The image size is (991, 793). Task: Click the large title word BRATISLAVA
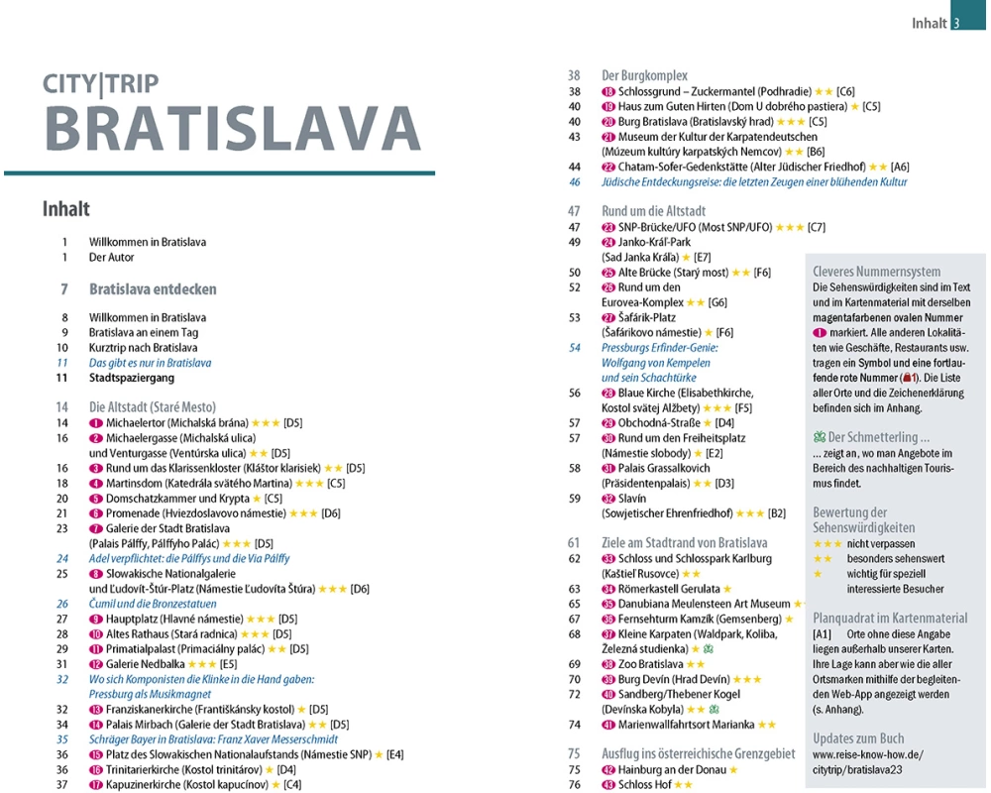[233, 128]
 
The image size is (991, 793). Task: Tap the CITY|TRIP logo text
[100, 84]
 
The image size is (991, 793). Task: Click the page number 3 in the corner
[956, 24]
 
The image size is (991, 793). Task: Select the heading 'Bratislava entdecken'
[153, 289]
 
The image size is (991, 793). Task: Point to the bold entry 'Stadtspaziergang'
[131, 378]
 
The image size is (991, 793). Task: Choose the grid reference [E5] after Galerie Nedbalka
[229, 664]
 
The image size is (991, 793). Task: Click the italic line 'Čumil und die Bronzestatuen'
[153, 604]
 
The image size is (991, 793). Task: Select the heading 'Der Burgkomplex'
[644, 75]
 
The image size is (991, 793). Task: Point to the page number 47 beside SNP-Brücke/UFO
[574, 227]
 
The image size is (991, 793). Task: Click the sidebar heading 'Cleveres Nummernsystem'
[876, 272]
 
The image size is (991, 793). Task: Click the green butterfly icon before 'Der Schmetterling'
[819, 437]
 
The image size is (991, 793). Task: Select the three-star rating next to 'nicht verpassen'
[827, 544]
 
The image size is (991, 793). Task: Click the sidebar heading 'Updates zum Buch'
[858, 738]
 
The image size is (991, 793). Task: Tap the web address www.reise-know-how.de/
[867, 754]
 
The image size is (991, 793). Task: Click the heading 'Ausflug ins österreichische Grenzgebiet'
[698, 753]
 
